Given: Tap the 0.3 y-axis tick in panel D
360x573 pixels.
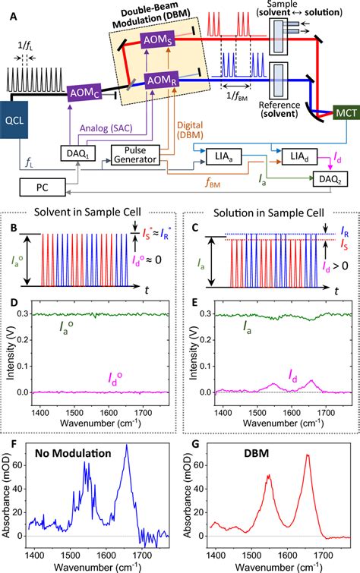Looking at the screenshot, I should pyautogui.click(x=30, y=313).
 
